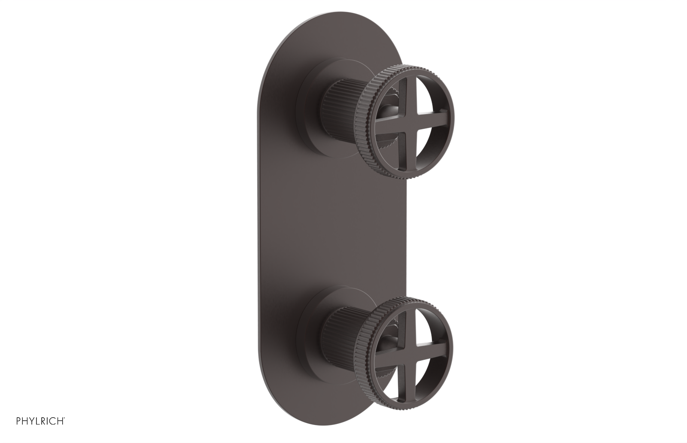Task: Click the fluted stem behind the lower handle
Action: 343,326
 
